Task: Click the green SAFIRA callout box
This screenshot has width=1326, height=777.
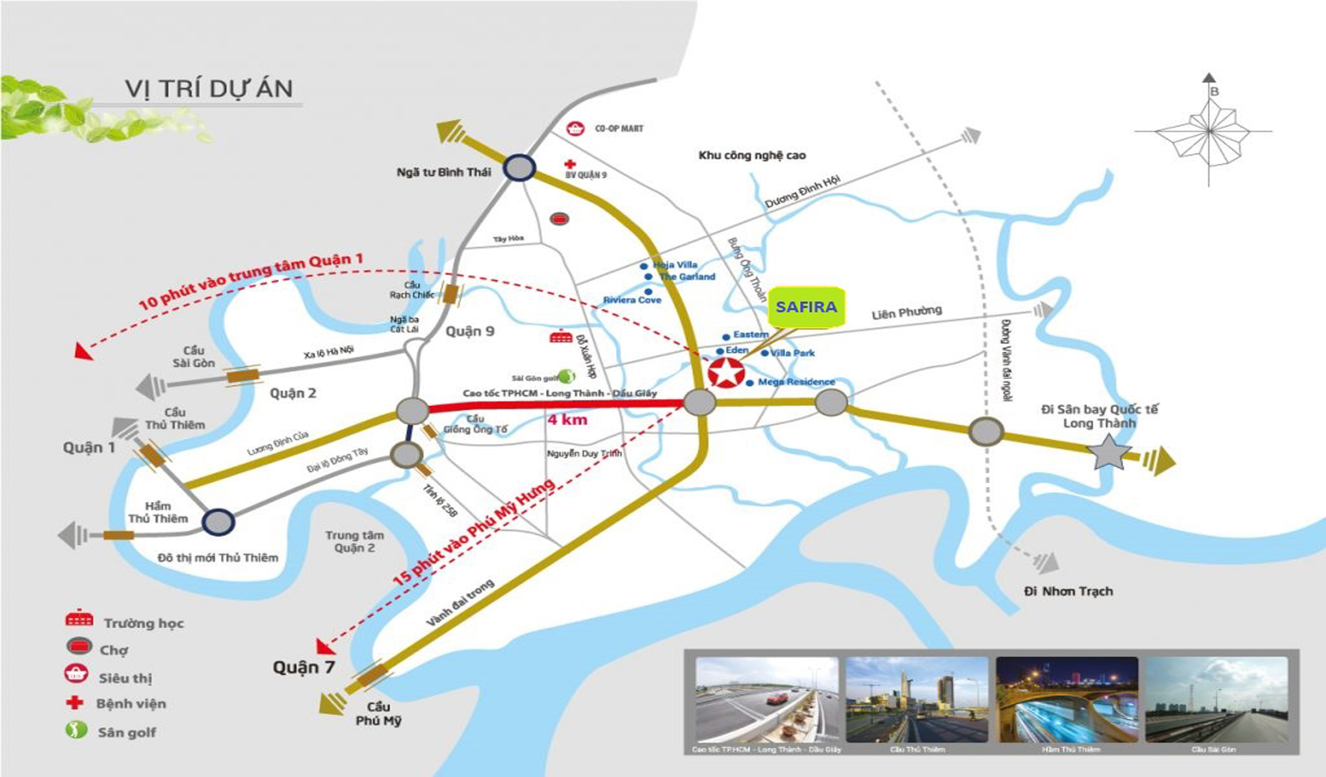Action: click(x=806, y=307)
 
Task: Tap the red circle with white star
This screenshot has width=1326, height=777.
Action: click(x=725, y=373)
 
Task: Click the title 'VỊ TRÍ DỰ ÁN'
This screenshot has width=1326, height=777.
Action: click(x=209, y=88)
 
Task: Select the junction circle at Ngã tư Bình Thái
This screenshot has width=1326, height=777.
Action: click(x=519, y=168)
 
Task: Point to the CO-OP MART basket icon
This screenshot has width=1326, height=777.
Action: click(x=575, y=129)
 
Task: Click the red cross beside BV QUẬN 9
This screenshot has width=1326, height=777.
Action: click(x=570, y=164)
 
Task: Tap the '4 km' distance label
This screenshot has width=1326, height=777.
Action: click(x=567, y=420)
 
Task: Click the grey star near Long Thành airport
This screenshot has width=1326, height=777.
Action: click(x=1108, y=452)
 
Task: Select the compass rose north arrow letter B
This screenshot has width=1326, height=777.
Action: click(x=1214, y=92)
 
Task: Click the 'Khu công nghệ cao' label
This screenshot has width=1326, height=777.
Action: click(x=752, y=155)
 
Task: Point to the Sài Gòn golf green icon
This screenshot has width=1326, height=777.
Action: click(x=567, y=376)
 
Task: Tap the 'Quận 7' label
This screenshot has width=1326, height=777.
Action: click(x=303, y=667)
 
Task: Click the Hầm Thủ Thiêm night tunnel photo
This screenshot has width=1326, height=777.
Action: click(x=1067, y=700)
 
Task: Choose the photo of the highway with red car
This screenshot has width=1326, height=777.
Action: click(x=767, y=700)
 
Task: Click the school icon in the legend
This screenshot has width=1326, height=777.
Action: click(x=79, y=619)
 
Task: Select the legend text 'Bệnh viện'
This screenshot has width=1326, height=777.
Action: click(x=131, y=704)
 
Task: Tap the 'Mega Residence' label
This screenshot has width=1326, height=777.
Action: click(x=796, y=382)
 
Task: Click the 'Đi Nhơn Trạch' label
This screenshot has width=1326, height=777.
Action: click(x=1068, y=591)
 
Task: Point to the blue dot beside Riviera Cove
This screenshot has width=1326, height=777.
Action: click(x=648, y=291)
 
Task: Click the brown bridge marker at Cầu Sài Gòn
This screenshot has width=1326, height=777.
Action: click(x=242, y=375)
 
